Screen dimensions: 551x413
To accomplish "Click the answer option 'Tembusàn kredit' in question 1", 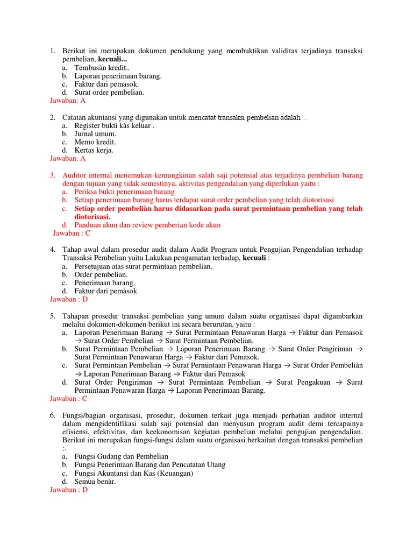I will pos(102,68).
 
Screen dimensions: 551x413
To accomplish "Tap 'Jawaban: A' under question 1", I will pos(67,101).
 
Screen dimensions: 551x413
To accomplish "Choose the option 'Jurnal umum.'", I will pos(95,134).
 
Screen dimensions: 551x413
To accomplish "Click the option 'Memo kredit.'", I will pos(95,142).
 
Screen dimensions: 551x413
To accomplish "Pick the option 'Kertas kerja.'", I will pos(94,150).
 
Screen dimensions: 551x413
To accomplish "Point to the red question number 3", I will pos(53,175).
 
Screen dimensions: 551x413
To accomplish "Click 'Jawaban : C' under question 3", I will pos(72,233).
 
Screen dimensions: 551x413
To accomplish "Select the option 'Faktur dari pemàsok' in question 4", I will pos(105,291).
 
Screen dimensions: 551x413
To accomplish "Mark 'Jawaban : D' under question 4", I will pos(68,299).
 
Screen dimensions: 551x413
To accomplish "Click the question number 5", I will pos(53,316).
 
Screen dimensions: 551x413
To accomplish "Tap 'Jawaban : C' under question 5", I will pos(68,399).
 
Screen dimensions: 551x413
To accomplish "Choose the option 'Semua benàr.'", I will pos(95,482).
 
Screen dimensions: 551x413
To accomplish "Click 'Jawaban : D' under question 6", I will pos(68,490).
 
